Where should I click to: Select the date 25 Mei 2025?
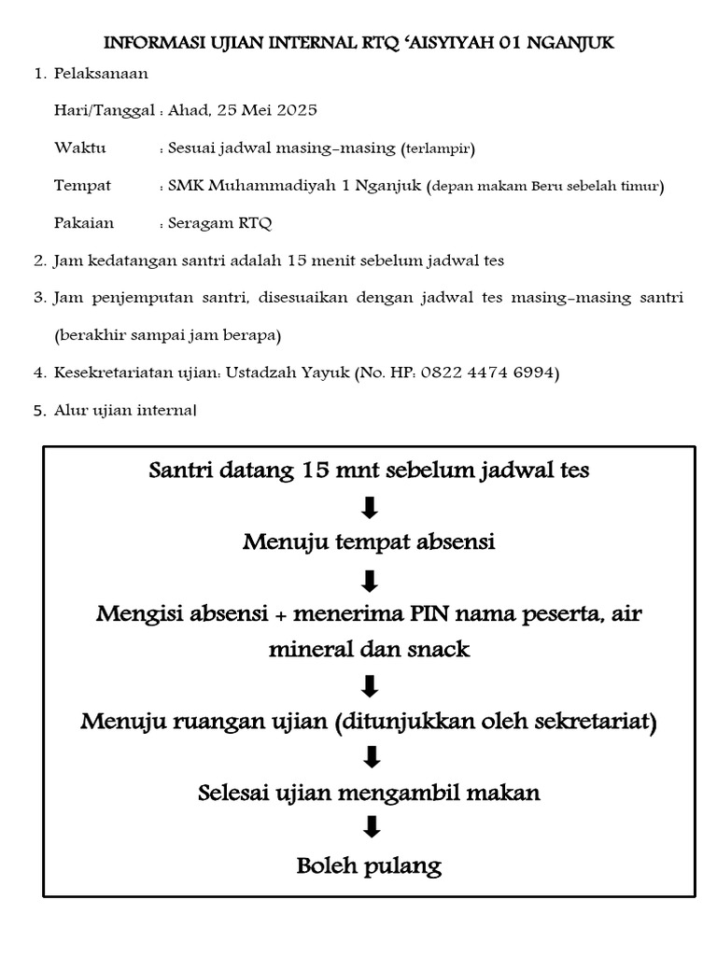(267, 110)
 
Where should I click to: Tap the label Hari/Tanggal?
(105, 110)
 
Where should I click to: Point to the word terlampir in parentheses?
(438, 148)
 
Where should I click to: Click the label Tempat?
(83, 186)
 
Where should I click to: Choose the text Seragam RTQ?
(220, 223)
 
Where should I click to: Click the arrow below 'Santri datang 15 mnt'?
(370, 507)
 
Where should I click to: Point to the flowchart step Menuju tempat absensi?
(369, 542)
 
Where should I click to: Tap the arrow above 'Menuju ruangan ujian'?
(370, 686)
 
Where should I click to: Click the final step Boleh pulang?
(369, 865)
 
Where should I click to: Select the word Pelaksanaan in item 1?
(101, 73)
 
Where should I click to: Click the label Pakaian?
(84, 223)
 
